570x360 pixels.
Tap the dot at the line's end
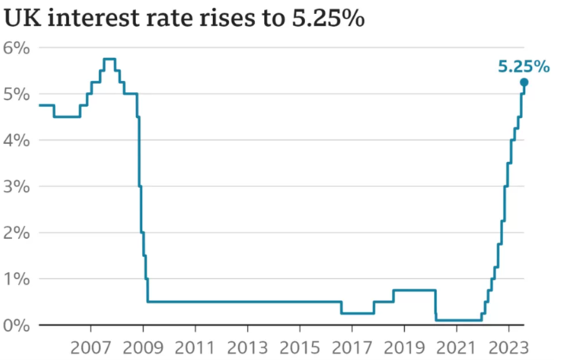(524, 83)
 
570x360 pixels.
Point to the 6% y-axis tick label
(17, 48)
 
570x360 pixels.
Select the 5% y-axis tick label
(17, 94)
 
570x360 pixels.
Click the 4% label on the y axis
(17, 141)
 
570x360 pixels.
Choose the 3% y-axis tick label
(17, 187)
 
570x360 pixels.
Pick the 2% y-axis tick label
(17, 233)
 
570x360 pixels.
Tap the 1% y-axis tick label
(17, 280)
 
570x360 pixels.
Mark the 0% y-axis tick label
(17, 325)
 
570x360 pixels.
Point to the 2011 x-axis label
(195, 347)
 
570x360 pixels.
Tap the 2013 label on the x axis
(247, 347)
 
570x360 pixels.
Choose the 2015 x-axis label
(300, 347)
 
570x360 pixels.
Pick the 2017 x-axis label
(351, 347)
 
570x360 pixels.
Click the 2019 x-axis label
(403, 347)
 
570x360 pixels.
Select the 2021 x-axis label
(456, 347)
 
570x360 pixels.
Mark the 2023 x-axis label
(508, 347)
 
